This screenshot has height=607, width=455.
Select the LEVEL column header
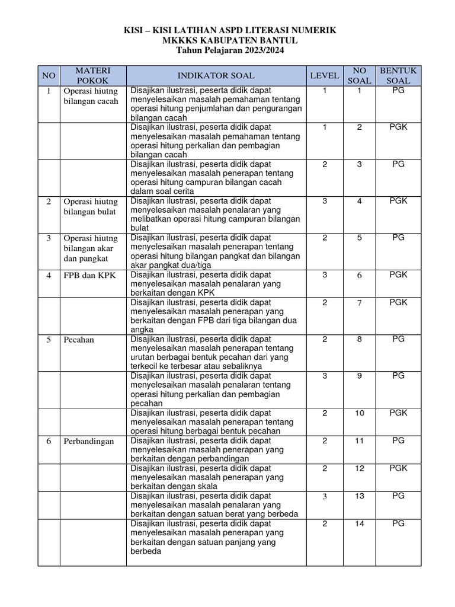click(325, 75)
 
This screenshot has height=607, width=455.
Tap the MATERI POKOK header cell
click(92, 75)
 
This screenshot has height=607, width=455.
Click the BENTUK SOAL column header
click(398, 75)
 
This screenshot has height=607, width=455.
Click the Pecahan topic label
click(79, 339)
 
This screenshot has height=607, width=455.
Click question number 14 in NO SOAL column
click(360, 523)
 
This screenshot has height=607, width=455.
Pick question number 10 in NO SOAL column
click(360, 413)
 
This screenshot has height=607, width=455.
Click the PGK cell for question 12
click(398, 468)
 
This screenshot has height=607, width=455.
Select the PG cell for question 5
click(398, 238)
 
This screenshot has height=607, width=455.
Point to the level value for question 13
click(325, 496)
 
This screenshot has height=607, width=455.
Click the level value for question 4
click(325, 201)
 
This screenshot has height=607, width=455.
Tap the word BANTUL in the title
click(277, 40)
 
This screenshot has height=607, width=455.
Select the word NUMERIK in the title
click(313, 30)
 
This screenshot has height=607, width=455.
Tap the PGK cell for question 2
click(398, 127)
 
